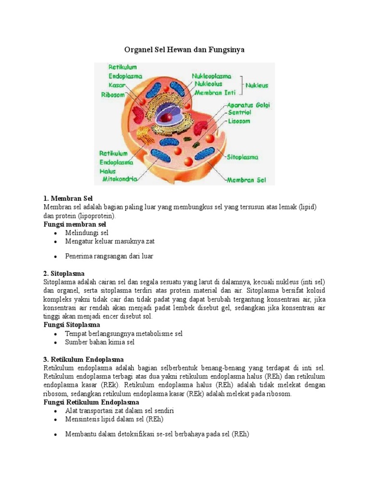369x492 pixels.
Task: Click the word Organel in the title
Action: pyautogui.click(x=138, y=49)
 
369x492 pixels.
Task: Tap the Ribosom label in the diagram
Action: pyautogui.click(x=112, y=95)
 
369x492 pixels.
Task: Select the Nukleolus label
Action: pyautogui.click(x=208, y=84)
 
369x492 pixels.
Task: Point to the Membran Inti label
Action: pyautogui.click(x=214, y=92)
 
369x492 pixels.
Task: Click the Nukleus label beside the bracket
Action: pyautogui.click(x=257, y=86)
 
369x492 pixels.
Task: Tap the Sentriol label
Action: pyautogui.click(x=240, y=112)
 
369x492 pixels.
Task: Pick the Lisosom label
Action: pyautogui.click(x=239, y=121)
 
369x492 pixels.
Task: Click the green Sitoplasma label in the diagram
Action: pyautogui.click(x=243, y=157)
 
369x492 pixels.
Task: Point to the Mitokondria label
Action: pyautogui.click(x=120, y=179)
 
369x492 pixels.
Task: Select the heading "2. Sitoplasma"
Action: pyautogui.click(x=64, y=273)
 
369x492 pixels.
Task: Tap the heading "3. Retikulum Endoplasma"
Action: pyautogui.click(x=84, y=359)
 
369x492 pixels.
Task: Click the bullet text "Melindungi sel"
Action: pyautogui.click(x=87, y=233)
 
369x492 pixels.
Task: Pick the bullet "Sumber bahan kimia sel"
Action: pyautogui.click(x=100, y=342)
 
